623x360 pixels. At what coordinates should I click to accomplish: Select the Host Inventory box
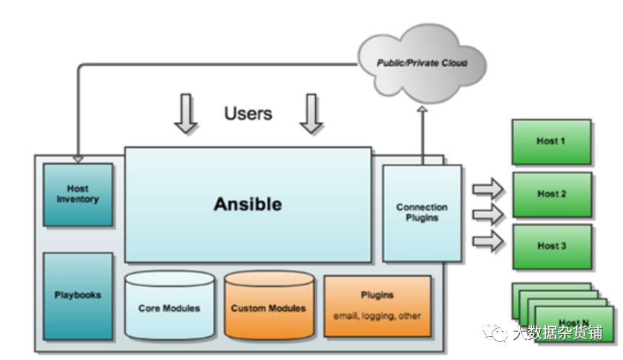(78, 194)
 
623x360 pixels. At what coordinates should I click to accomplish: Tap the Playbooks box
(78, 295)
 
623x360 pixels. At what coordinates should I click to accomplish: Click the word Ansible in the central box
(247, 204)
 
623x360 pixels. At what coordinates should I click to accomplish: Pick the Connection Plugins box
(422, 212)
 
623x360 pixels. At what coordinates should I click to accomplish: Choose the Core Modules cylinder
(169, 308)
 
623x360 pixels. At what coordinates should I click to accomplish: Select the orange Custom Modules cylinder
(268, 308)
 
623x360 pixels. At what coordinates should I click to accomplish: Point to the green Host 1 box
(551, 141)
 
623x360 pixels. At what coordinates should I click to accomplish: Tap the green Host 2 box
(551, 194)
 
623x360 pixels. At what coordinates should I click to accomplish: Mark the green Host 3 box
(551, 246)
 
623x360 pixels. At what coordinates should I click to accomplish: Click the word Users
(248, 113)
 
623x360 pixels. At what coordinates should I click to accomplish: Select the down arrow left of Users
(186, 114)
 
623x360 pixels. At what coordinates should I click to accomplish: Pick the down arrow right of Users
(311, 114)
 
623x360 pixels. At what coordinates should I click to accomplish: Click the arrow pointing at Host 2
(487, 214)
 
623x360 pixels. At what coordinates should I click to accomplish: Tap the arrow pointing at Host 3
(487, 241)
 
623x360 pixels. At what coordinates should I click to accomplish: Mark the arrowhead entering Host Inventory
(78, 158)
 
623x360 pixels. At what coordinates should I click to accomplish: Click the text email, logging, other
(377, 316)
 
